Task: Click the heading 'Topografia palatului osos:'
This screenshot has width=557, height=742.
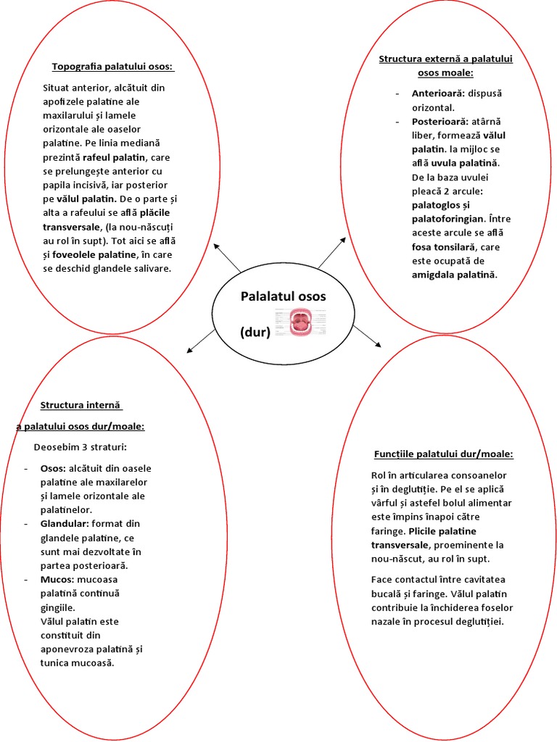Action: click(x=113, y=67)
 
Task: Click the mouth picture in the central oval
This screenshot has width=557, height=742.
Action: click(x=298, y=322)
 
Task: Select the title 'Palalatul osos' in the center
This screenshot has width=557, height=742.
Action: click(x=283, y=296)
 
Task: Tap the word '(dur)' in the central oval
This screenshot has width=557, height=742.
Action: click(x=255, y=333)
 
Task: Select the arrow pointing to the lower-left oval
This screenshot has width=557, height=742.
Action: click(x=201, y=341)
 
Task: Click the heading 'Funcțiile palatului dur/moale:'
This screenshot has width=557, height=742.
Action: click(x=444, y=454)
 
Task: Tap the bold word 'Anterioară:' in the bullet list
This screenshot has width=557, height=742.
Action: click(x=438, y=93)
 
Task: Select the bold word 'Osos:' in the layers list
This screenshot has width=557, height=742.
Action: click(x=54, y=468)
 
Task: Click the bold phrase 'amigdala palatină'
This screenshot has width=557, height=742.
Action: click(x=454, y=275)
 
